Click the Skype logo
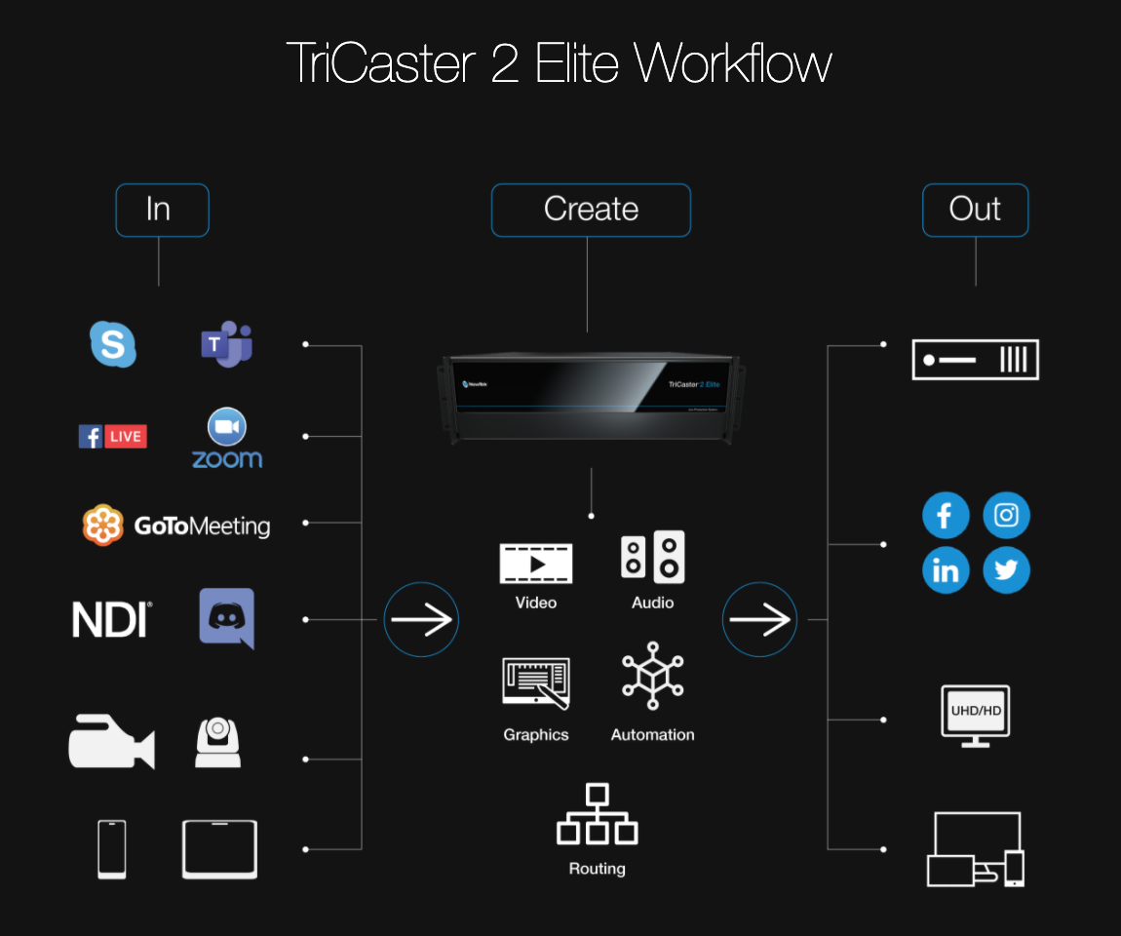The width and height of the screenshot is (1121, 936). click(113, 344)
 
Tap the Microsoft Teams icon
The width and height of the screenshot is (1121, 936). click(227, 343)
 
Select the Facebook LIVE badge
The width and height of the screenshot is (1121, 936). click(113, 436)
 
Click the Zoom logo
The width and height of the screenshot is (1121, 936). click(227, 439)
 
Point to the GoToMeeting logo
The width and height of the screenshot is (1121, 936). click(176, 526)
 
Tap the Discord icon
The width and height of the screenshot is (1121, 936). click(227, 618)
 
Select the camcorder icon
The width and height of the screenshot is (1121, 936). click(111, 742)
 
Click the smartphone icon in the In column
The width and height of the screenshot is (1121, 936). click(112, 849)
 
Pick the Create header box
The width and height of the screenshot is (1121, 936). click(591, 210)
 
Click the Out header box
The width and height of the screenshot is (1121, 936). click(975, 210)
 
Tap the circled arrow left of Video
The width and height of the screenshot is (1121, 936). click(421, 619)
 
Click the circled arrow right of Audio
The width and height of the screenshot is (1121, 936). click(759, 619)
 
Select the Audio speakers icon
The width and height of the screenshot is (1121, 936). click(653, 557)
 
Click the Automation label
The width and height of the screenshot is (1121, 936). click(652, 735)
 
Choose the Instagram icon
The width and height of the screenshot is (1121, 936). click(1006, 515)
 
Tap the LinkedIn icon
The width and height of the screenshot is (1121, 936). click(945, 570)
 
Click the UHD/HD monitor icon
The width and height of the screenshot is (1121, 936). click(976, 715)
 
